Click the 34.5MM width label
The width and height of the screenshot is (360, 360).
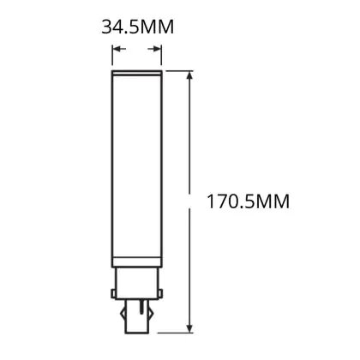coord(138,27)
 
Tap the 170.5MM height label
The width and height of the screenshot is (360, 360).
coord(248,201)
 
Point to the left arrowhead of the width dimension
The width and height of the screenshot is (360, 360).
coord(119,49)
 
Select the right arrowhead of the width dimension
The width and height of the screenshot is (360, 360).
coord(154,49)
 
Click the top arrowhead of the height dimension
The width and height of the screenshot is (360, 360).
coord(189,78)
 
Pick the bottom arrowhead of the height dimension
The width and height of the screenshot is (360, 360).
coord(189,326)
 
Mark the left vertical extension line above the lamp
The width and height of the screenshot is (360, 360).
coord(112,55)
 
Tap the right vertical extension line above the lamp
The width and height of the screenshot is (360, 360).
coord(161,55)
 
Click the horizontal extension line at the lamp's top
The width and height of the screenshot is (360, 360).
coord(179,71)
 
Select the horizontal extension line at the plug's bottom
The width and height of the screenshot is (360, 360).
coord(175,333)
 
